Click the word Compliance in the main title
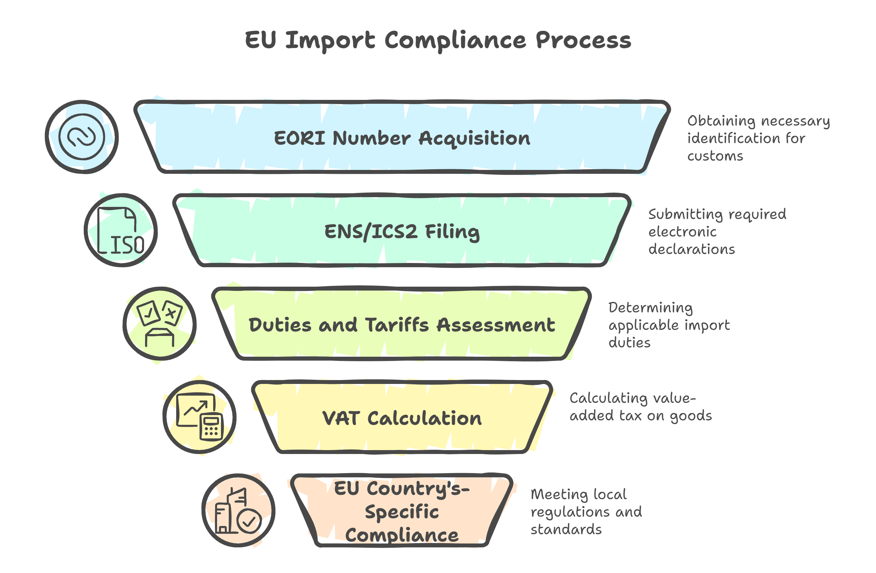tap(455, 41)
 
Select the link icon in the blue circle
tap(82, 137)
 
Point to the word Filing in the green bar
tap(452, 232)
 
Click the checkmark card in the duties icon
tap(148, 313)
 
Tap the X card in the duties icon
tap(172, 313)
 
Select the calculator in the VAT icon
tap(211, 427)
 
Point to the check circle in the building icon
tap(249, 521)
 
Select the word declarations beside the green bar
tap(691, 249)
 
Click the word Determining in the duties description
tap(651, 307)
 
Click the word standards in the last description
tap(566, 530)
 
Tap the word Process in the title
tap(583, 41)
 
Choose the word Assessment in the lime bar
tap(496, 325)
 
